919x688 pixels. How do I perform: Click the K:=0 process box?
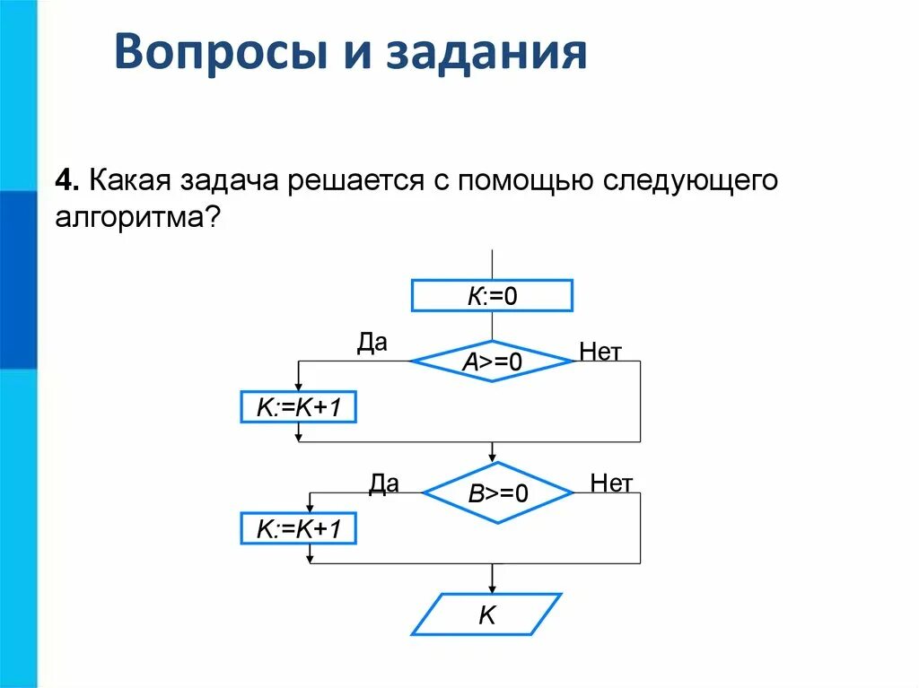492,295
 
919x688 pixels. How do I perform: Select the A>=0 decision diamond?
492,361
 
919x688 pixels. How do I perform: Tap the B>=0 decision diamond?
497,492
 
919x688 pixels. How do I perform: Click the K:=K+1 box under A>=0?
299,407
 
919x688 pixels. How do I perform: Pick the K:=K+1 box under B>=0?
299,529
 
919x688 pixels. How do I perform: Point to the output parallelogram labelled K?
486,614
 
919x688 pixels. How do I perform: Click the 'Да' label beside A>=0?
372,344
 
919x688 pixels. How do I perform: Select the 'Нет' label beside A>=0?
600,352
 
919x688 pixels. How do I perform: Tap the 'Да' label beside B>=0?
383,483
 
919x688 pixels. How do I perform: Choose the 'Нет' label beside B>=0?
611,483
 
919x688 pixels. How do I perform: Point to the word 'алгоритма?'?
137,218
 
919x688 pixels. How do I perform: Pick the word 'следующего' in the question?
687,180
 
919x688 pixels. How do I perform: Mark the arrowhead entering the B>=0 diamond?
492,457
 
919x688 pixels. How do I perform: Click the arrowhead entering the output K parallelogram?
492,588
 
